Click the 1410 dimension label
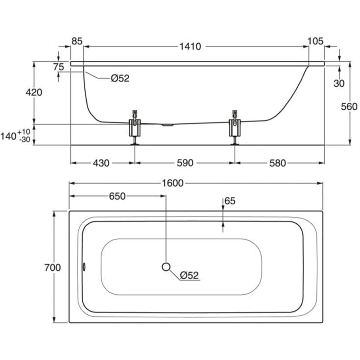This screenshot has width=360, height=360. [x=190, y=47]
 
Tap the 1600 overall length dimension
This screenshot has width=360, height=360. [x=172, y=183]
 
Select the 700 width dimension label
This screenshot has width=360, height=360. [x=52, y=267]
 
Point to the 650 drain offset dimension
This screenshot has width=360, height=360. [x=117, y=196]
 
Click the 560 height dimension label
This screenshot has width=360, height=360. [x=349, y=107]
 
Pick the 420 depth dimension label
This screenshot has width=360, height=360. [x=34, y=92]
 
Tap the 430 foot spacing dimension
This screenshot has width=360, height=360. [x=101, y=163]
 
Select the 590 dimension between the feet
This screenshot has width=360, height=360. [x=185, y=163]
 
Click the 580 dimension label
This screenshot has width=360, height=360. [x=278, y=163]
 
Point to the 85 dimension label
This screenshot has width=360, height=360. [x=77, y=41]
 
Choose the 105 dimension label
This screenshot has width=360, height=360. [x=315, y=41]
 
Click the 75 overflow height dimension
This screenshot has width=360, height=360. [x=59, y=67]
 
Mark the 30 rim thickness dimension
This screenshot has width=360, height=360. [x=339, y=84]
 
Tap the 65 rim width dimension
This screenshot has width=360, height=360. [x=230, y=201]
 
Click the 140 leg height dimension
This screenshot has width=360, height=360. [x=15, y=136]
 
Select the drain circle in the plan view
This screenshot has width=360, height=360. [x=166, y=267]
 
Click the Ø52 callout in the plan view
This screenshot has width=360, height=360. [x=189, y=275]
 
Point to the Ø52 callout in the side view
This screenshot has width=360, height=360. [x=120, y=78]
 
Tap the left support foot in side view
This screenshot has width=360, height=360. [x=135, y=127]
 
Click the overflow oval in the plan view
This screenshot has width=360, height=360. [x=84, y=267]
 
